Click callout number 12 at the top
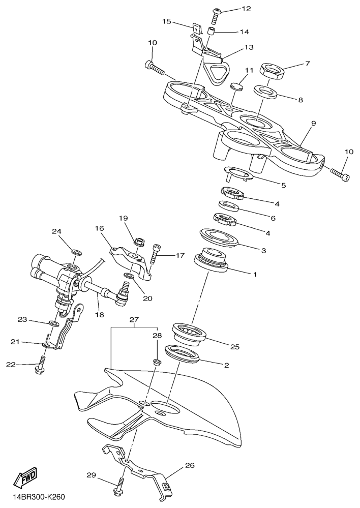click(246, 9)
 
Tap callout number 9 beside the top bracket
click(314, 124)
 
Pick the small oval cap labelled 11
click(237, 86)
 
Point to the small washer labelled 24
click(76, 251)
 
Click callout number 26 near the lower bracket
click(190, 466)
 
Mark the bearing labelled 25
click(190, 332)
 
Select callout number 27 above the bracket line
click(134, 320)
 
